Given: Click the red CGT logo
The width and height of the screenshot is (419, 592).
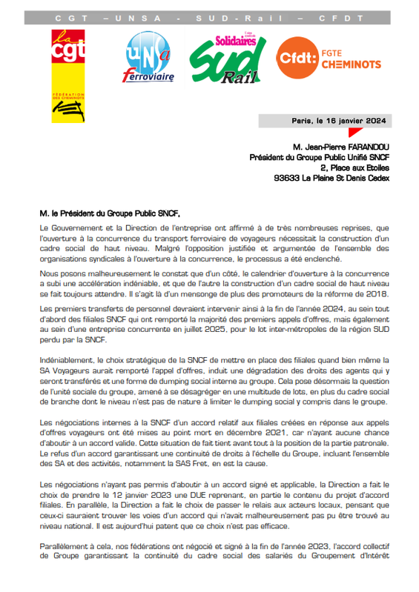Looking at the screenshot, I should pyautogui.click(x=67, y=56).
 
